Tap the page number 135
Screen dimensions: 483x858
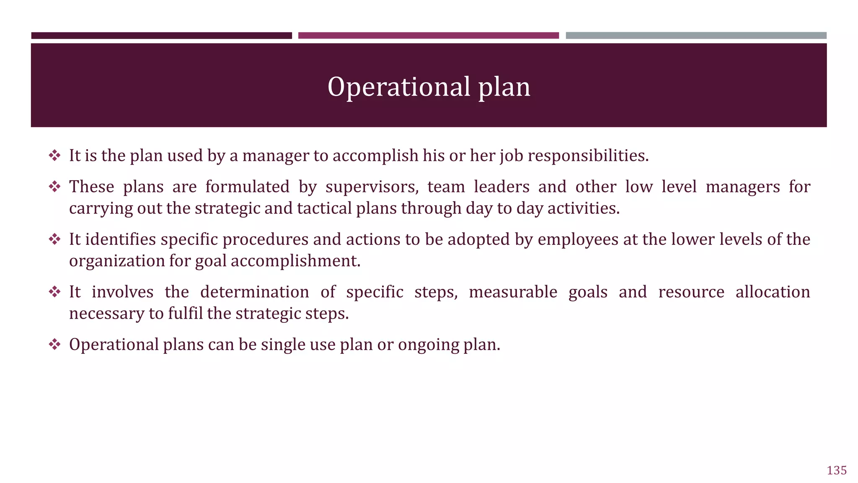(x=837, y=470)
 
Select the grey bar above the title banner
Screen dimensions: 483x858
(x=696, y=36)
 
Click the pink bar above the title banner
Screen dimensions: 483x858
(x=428, y=36)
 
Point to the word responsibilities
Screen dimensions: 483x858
(x=588, y=156)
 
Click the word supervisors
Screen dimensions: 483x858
(x=372, y=187)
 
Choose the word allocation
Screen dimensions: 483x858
(x=773, y=292)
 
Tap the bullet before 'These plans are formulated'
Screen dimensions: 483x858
(x=54, y=187)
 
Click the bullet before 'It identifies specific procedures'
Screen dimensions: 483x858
(x=54, y=239)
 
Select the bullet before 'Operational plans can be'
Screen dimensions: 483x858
(x=54, y=345)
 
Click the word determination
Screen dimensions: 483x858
(x=254, y=292)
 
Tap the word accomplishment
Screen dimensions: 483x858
(x=295, y=261)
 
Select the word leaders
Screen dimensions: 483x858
(x=501, y=187)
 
